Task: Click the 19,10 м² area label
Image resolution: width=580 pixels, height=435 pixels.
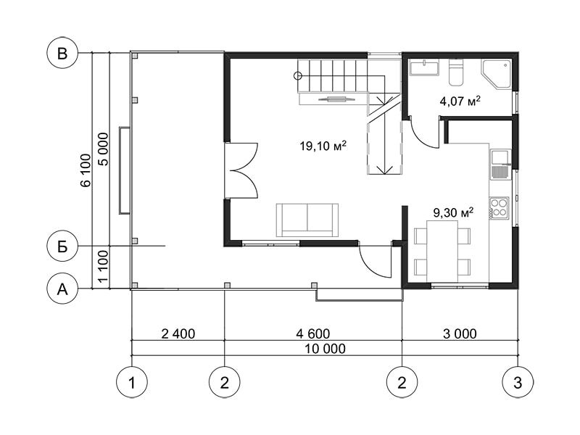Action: pos(323,146)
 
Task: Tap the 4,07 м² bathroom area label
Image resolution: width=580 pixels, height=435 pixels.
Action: pos(460,100)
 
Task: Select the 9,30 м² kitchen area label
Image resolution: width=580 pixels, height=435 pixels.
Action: pos(454,212)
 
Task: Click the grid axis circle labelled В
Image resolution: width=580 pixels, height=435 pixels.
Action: pos(62,53)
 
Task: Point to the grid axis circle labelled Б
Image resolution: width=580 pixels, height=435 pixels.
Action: pos(62,246)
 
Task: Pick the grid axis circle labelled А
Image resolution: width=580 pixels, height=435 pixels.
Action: pos(62,289)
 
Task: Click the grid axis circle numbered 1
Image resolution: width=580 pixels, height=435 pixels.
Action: pos(132,382)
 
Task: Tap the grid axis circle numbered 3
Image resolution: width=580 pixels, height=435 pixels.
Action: pos(518,382)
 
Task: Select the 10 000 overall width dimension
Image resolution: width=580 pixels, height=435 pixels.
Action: pos(326,349)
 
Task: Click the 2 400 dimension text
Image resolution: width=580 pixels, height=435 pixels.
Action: pos(178,333)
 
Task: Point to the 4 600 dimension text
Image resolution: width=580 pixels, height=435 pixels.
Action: pos(313,333)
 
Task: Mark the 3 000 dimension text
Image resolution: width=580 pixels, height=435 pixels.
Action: pos(460,333)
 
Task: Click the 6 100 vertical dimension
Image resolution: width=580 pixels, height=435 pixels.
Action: pos(86,170)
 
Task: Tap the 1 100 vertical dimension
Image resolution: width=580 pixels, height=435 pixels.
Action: pos(104,266)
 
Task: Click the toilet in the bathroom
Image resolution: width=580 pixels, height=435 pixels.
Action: pos(456,70)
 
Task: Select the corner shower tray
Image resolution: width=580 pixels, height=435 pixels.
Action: pos(497,74)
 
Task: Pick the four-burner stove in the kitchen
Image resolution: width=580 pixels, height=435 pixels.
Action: pos(499,207)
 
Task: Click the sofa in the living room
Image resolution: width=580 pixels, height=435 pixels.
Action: pos(307,220)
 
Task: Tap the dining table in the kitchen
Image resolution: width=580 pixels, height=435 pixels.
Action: pos(442,252)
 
